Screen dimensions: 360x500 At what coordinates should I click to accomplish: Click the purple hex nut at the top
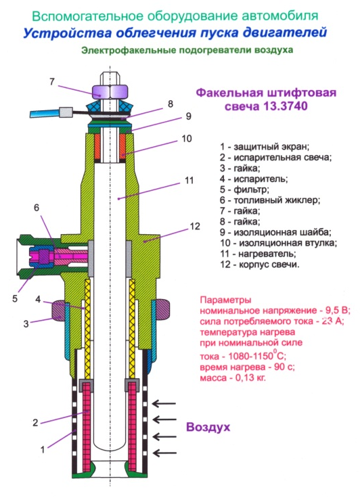[x=110, y=91]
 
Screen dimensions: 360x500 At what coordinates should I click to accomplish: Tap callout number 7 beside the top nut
[x=52, y=82]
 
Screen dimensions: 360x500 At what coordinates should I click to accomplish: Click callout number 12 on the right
[x=194, y=226]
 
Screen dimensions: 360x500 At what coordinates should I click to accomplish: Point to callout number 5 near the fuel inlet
[x=15, y=299]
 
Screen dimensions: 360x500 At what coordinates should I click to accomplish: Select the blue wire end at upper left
[x=45, y=113]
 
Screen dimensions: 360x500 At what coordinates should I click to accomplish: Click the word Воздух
[x=208, y=427]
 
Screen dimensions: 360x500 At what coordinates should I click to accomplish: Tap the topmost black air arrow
[x=164, y=404]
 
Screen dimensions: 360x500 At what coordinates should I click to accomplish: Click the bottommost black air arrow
[x=164, y=453]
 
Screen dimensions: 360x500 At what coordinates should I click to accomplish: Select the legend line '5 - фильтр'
[x=244, y=189]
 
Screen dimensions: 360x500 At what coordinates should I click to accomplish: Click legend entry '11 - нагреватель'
[x=258, y=254]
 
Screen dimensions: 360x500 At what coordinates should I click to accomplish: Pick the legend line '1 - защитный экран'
[x=265, y=147]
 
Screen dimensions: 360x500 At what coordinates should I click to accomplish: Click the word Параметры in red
[x=226, y=300]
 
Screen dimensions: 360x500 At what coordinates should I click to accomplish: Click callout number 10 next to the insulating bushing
[x=187, y=139]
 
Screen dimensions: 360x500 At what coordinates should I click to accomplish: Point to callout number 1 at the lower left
[x=43, y=450]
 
